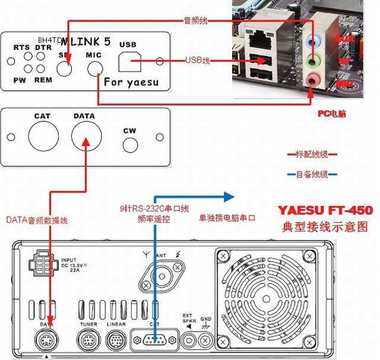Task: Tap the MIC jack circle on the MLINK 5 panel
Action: pos(95,69)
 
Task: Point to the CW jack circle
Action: pos(130,144)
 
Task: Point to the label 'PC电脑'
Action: pos(332,113)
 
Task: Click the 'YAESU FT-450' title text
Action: pos(325,210)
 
